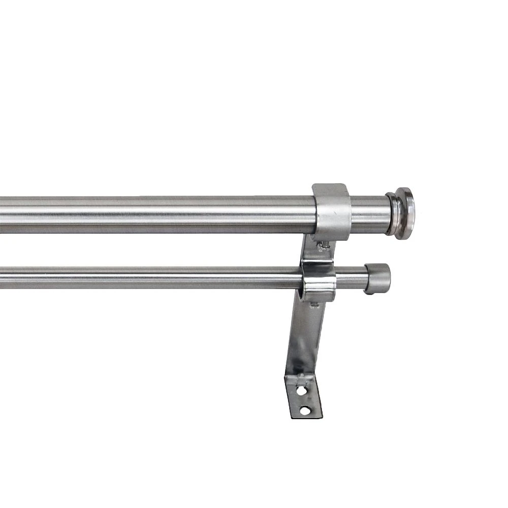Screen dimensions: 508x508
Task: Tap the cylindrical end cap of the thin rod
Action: pyautogui.click(x=378, y=278)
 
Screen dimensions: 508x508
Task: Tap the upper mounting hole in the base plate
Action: pyautogui.click(x=301, y=391)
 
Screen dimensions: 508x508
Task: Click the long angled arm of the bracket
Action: pyautogui.click(x=305, y=340)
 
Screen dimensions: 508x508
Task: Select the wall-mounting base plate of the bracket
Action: pyautogui.click(x=303, y=399)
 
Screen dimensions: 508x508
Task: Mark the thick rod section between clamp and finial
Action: pyautogui.click(x=368, y=214)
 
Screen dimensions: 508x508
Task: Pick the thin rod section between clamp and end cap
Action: pyautogui.click(x=351, y=278)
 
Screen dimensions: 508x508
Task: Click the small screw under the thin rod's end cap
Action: pyautogui.click(x=374, y=293)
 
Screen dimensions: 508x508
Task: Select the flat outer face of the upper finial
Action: pyautogui.click(x=409, y=212)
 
